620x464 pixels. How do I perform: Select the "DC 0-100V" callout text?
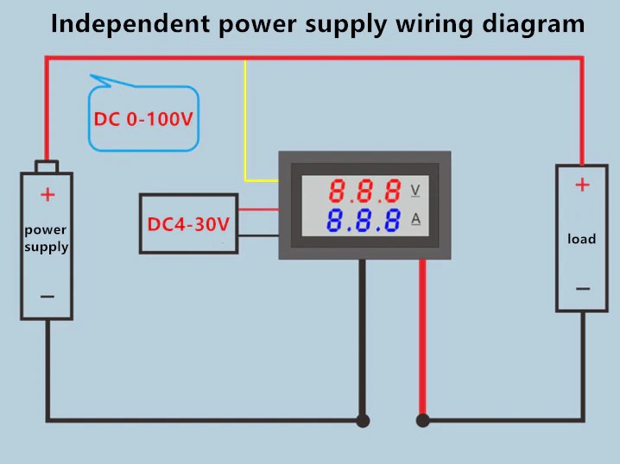[x=143, y=119]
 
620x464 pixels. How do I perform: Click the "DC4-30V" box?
[x=188, y=224]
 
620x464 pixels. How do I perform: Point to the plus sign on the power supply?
[x=47, y=195]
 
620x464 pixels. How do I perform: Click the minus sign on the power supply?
[x=47, y=296]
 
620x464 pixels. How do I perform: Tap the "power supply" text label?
[x=46, y=239]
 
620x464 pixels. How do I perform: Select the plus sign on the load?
[x=582, y=184]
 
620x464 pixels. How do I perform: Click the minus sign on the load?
[x=583, y=289]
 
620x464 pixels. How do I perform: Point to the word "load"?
[x=581, y=238]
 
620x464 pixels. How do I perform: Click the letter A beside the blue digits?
[x=415, y=219]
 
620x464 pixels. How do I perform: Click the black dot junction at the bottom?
[x=363, y=421]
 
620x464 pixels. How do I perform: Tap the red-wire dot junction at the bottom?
[x=422, y=421]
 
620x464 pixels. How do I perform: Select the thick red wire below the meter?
[x=422, y=336]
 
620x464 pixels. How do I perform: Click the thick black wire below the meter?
[x=363, y=336]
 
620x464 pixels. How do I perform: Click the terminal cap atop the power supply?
[x=47, y=166]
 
